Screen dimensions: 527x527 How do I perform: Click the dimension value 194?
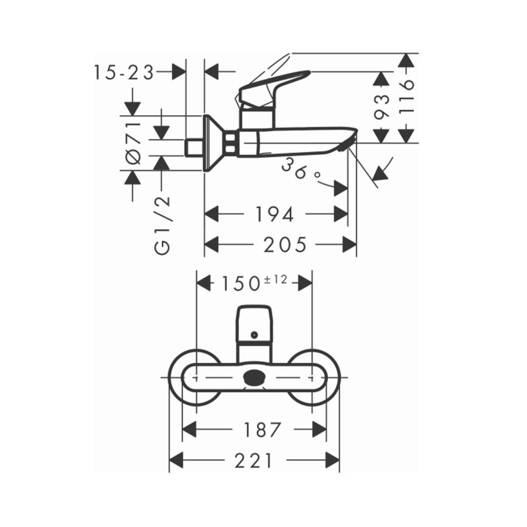[x=274, y=214]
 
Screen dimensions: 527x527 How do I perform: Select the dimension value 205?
[x=285, y=245]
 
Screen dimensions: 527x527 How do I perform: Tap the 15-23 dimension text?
[x=123, y=72]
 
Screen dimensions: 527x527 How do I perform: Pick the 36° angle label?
[x=300, y=169]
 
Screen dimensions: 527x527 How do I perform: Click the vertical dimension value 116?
[x=408, y=96]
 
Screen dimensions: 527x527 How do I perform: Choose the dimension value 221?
[x=253, y=461]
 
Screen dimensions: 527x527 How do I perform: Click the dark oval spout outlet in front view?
[x=254, y=378]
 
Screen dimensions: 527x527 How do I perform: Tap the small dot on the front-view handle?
[x=254, y=335]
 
